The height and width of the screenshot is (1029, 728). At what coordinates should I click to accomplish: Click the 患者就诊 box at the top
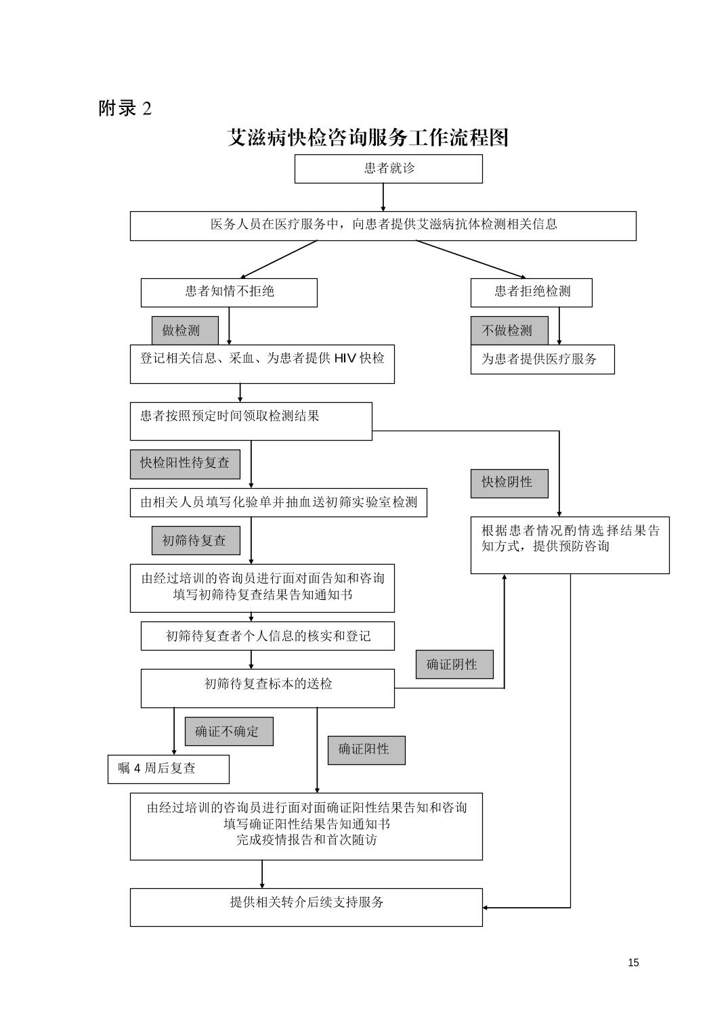tap(388, 169)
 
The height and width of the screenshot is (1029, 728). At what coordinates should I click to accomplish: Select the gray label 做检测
tap(185, 330)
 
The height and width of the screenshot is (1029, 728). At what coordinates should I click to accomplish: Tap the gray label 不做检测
tap(509, 330)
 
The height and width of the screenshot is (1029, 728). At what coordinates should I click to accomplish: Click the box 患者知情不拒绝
tap(229, 292)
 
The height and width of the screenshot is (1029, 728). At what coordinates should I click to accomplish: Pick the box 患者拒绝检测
tap(532, 292)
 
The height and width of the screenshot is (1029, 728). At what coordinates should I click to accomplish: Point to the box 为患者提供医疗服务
tap(542, 359)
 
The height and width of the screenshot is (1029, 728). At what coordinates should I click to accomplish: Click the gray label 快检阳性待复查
tap(185, 464)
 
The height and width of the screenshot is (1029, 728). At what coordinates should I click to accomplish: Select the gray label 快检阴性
tap(509, 483)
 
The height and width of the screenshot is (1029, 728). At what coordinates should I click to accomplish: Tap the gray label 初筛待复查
tap(196, 540)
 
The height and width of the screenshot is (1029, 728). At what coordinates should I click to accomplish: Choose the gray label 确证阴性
tap(454, 664)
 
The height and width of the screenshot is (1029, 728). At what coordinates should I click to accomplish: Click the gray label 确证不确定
tap(229, 731)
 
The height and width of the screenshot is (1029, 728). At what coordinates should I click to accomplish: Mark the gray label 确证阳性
tap(366, 750)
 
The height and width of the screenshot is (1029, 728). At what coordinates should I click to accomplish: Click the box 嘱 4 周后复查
tap(168, 769)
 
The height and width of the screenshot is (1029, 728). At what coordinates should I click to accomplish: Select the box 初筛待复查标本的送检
tap(267, 688)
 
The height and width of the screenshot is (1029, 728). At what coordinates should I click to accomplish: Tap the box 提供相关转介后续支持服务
tap(306, 907)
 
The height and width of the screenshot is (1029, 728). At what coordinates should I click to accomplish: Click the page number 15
tap(633, 963)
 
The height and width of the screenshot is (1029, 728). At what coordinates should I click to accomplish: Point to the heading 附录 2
tap(125, 108)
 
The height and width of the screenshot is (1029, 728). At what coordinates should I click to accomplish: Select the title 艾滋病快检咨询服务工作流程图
tap(368, 137)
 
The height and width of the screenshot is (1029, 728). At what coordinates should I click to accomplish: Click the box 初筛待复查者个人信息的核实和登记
tap(267, 636)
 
